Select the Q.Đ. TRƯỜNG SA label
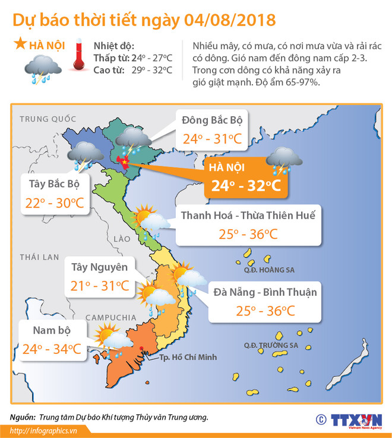270,345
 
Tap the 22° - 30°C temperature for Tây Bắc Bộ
54,204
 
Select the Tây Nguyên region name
99,266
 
